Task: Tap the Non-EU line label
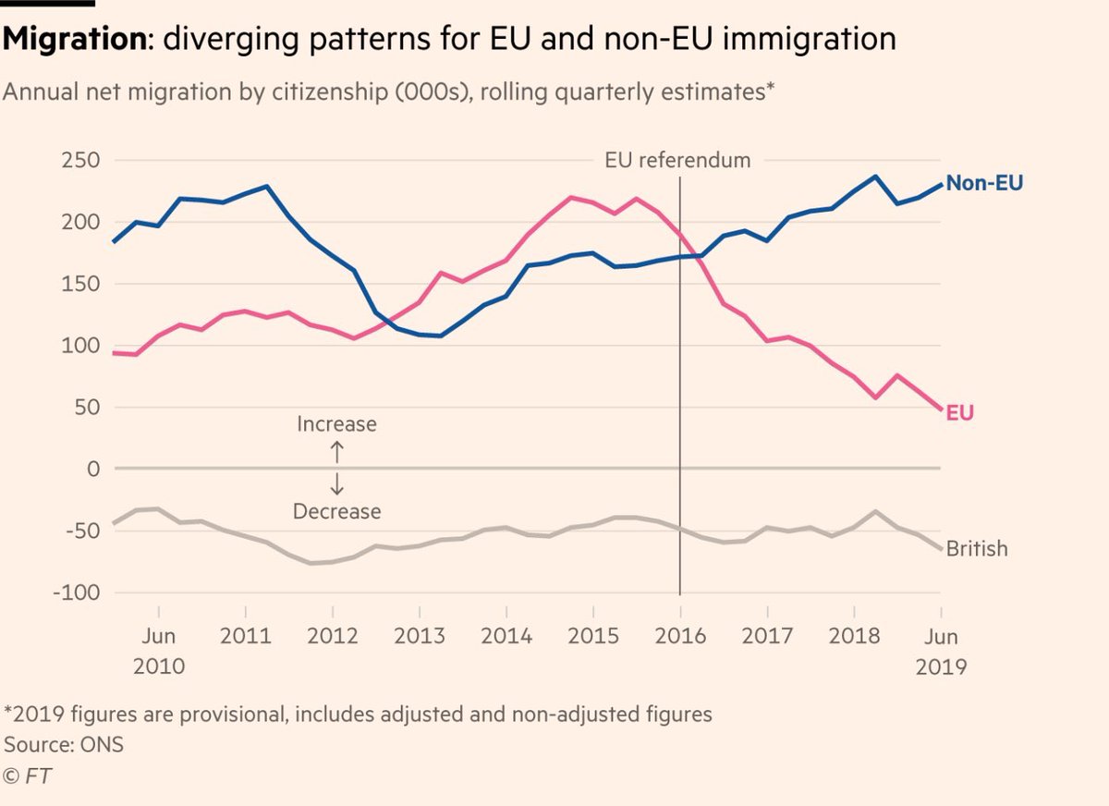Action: click(x=984, y=183)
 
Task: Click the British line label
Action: click(x=977, y=548)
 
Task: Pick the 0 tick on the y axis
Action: click(x=92, y=470)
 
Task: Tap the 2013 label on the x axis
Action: click(x=419, y=638)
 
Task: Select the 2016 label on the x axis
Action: click(x=679, y=638)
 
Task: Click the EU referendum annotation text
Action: click(x=677, y=160)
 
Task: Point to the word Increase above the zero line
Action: click(x=336, y=424)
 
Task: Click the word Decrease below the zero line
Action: click(x=336, y=511)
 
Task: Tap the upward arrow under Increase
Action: click(x=336, y=450)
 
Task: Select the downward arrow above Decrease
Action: click(x=336, y=484)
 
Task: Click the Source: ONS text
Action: click(x=64, y=744)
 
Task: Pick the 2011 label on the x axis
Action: click(x=246, y=638)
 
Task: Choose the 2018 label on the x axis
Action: click(x=853, y=638)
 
